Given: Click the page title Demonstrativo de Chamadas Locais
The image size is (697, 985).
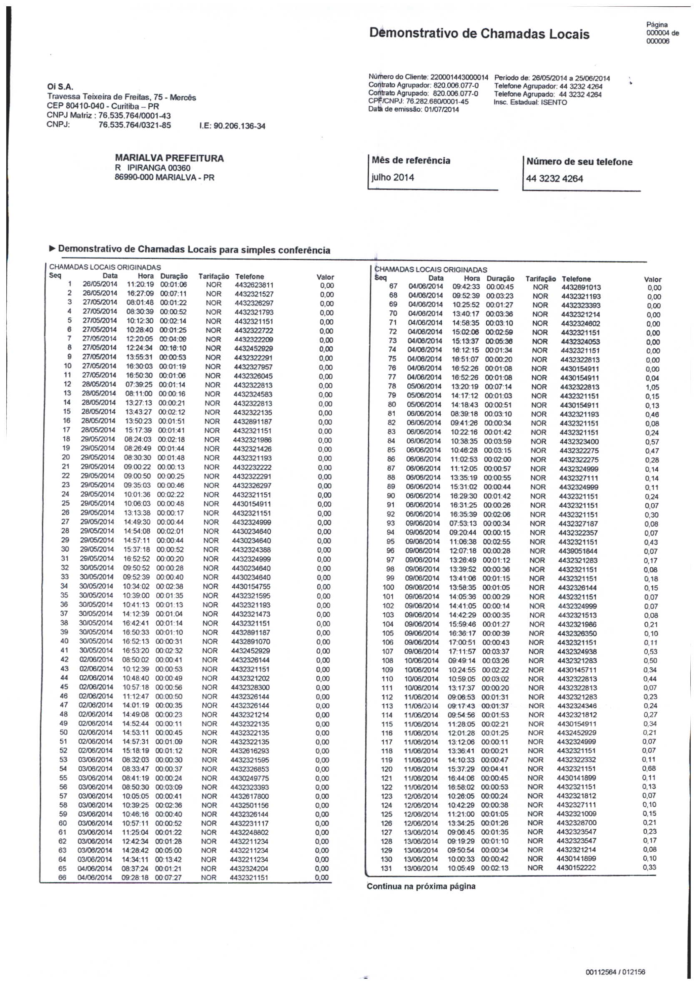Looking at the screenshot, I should click(479, 34).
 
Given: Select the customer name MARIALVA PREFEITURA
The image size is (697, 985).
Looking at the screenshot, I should click(169, 158).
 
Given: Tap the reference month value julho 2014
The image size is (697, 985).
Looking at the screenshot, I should click(393, 178).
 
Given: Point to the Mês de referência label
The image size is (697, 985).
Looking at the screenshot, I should click(411, 161).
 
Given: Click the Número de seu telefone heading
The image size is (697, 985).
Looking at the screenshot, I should click(579, 162).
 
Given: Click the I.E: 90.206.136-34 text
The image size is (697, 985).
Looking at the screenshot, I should click(232, 126).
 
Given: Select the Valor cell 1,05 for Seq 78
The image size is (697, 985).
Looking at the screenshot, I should click(652, 388).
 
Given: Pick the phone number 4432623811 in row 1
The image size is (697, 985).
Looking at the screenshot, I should click(254, 285).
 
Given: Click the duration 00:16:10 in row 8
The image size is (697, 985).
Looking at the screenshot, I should click(173, 348).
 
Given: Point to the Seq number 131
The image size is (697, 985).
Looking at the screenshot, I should click(386, 868).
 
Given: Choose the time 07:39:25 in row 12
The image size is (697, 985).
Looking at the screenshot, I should click(139, 385).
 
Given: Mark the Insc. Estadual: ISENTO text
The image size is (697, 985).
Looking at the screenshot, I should click(530, 103).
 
